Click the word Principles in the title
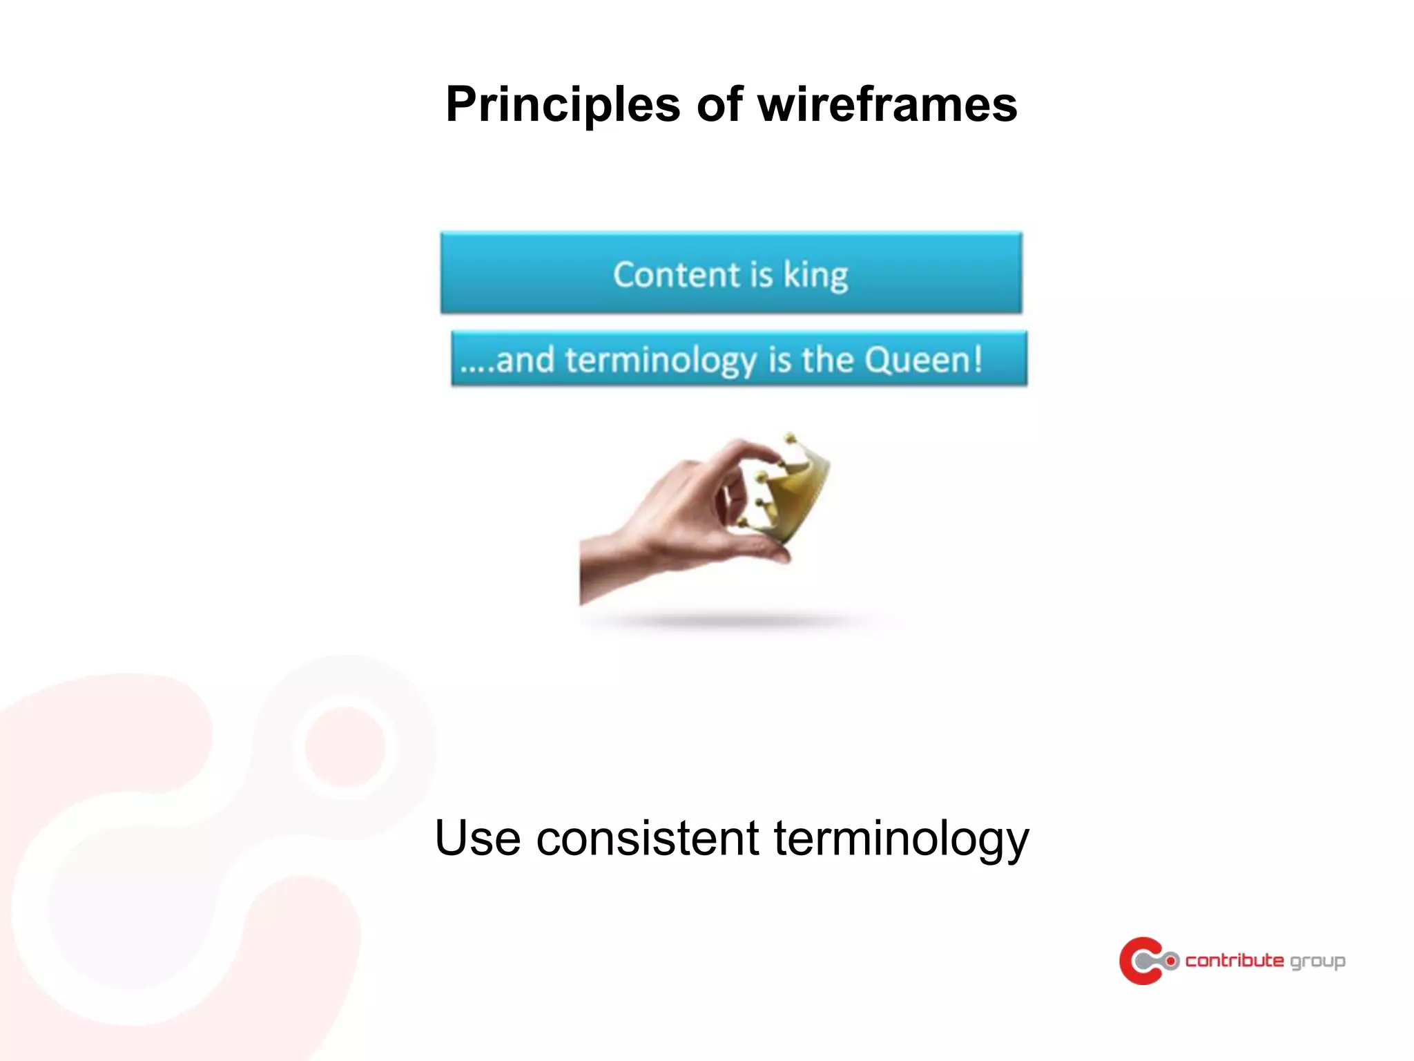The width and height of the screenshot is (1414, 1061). (x=563, y=105)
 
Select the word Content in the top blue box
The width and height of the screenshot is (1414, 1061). (x=676, y=275)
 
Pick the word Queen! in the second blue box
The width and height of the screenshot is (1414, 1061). (x=923, y=360)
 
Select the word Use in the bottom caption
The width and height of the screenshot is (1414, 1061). (x=477, y=838)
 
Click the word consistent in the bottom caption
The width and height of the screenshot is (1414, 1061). (x=648, y=838)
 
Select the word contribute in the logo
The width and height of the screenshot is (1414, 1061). (x=1234, y=961)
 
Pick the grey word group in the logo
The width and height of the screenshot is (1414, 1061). (x=1317, y=962)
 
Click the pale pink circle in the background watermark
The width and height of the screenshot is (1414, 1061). (x=345, y=746)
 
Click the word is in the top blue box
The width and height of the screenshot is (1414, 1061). (x=760, y=275)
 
